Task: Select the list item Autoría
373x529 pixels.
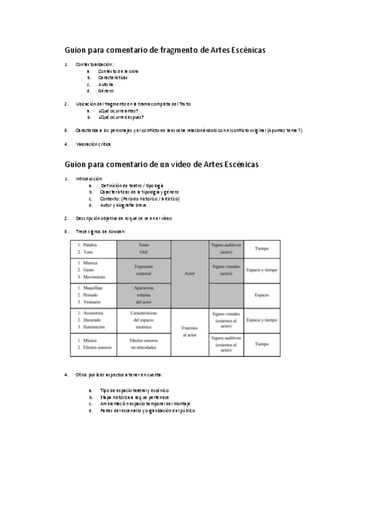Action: pos(106,84)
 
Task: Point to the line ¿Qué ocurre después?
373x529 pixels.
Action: pos(121,117)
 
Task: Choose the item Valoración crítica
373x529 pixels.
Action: pos(93,144)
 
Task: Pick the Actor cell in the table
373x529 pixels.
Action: pos(189,273)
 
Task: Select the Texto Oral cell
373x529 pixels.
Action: pos(143,248)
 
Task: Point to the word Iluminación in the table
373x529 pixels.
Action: pos(97,326)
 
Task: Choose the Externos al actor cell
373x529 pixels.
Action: pos(189,331)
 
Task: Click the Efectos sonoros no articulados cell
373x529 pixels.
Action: pos(143,344)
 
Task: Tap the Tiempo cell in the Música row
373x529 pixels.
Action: pos(262,344)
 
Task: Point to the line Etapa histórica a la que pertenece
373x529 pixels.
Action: pos(135,397)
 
